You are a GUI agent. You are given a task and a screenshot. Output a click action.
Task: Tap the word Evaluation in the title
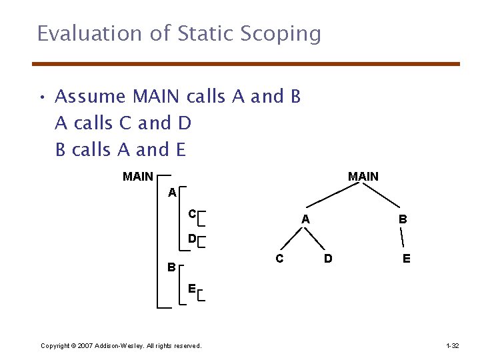pyautogui.click(x=94, y=33)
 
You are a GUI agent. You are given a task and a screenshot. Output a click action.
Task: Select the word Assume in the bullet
pyautogui.click(x=91, y=97)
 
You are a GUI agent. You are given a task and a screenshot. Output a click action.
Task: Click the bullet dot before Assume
pyautogui.click(x=41, y=97)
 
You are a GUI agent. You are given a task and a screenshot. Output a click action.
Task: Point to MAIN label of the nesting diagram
pyautogui.click(x=138, y=177)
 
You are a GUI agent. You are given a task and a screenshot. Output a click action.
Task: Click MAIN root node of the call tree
pyautogui.click(x=363, y=177)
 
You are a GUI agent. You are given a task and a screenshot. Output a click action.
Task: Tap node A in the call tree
pyautogui.click(x=305, y=219)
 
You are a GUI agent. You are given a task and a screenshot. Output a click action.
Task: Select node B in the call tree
pyautogui.click(x=403, y=219)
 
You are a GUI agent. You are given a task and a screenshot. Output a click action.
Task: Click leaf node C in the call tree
pyautogui.click(x=280, y=258)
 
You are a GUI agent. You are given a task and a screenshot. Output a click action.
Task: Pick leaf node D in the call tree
pyautogui.click(x=328, y=258)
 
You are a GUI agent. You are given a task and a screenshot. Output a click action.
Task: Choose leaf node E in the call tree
pyautogui.click(x=406, y=258)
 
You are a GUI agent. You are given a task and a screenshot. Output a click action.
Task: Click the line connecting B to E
pyautogui.click(x=404, y=238)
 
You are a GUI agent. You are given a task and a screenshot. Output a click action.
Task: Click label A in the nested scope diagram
pyautogui.click(x=172, y=193)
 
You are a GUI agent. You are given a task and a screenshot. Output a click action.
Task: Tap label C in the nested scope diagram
pyautogui.click(x=191, y=214)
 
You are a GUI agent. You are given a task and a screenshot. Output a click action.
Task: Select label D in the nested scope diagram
pyautogui.click(x=191, y=238)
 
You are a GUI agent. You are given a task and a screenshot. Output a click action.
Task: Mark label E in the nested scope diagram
pyautogui.click(x=191, y=289)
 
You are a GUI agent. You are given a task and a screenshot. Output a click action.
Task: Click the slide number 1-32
pyautogui.click(x=452, y=346)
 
